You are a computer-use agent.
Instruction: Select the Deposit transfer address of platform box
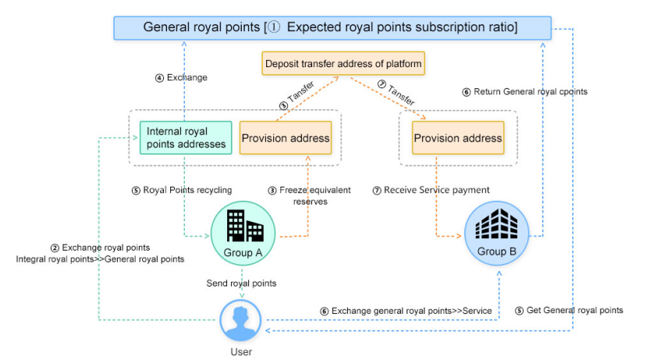pyautogui.click(x=344, y=63)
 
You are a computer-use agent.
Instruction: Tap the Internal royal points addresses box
pyautogui.click(x=186, y=137)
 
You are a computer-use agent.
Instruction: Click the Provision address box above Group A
pyautogui.click(x=285, y=138)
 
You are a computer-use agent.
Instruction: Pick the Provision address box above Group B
pyautogui.click(x=457, y=138)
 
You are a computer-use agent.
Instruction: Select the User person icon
pyautogui.click(x=241, y=321)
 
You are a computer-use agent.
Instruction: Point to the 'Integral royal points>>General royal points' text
pyautogui.click(x=100, y=258)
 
